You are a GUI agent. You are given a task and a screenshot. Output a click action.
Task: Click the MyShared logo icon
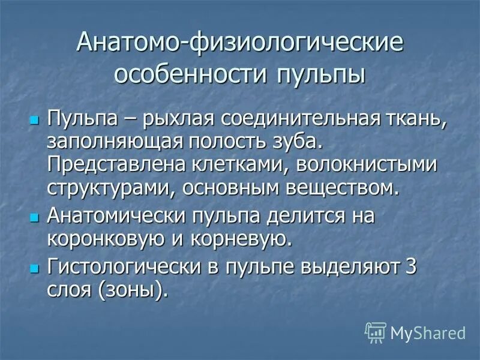pyautogui.click(x=376, y=332)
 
